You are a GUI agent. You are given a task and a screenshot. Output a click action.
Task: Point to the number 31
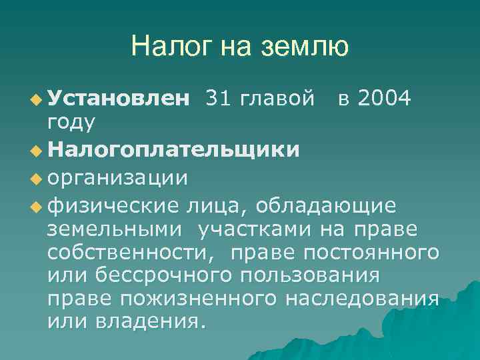[x=220, y=99]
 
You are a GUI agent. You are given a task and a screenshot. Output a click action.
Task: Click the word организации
[x=117, y=179]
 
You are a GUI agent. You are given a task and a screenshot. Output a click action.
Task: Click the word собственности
[x=135, y=253]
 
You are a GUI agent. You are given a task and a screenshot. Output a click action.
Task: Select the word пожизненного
[x=197, y=299]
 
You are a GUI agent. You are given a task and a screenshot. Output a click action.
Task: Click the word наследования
[x=362, y=299]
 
